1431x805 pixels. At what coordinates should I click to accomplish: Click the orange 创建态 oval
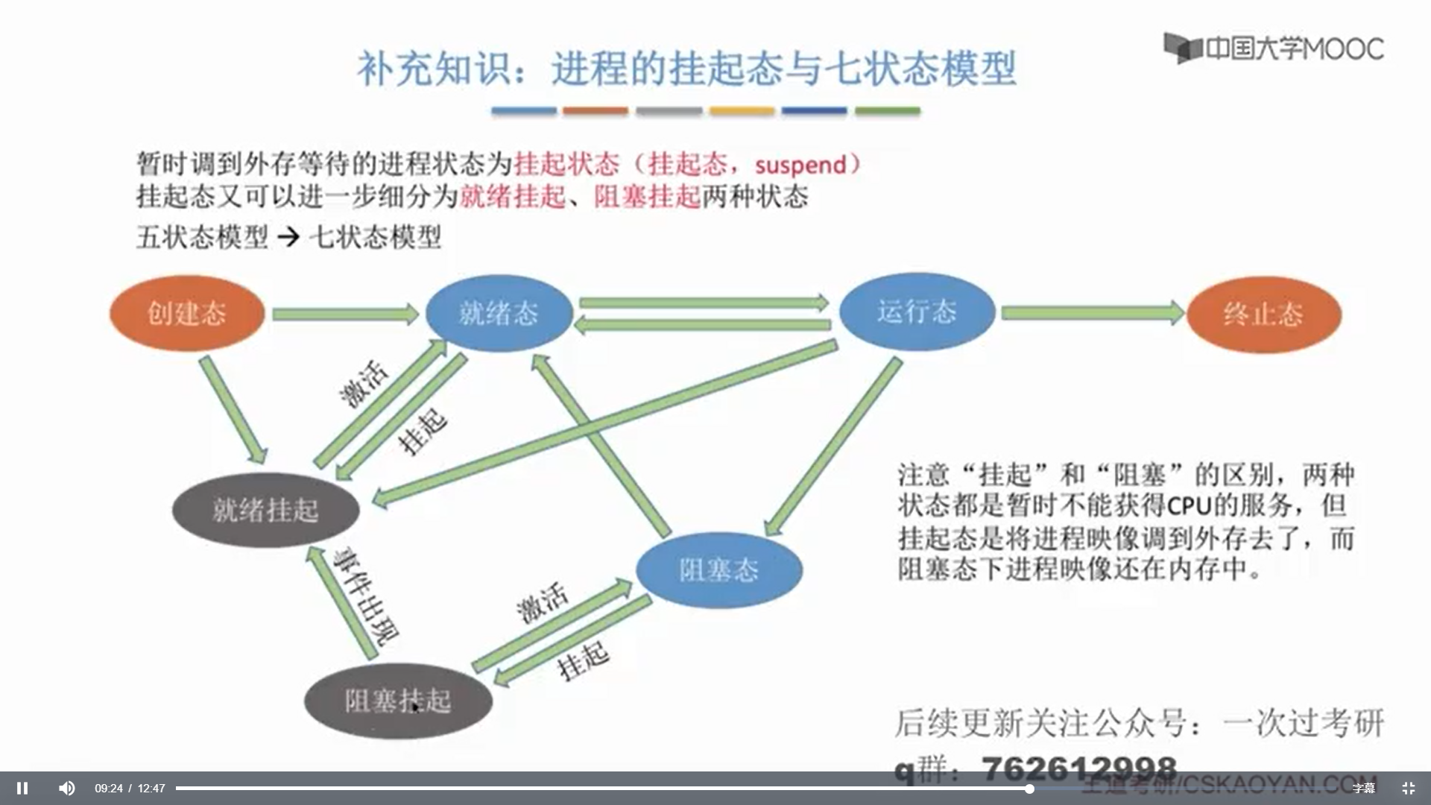187,313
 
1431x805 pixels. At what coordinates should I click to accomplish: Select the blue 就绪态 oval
499,313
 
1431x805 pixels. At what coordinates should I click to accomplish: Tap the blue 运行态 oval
917,312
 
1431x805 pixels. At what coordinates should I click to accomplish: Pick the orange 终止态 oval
1263,314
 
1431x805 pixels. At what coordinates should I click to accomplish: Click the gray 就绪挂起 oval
265,511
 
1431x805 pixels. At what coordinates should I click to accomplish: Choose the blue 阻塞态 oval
718,570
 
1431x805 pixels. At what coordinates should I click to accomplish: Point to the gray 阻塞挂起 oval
398,701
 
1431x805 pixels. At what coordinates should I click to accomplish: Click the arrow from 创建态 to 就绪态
344,315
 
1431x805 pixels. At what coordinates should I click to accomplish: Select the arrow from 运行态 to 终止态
1092,313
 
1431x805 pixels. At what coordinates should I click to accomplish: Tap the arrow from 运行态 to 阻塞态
833,446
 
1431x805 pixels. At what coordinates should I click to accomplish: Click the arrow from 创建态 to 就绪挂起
233,409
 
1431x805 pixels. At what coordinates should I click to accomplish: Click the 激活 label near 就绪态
364,383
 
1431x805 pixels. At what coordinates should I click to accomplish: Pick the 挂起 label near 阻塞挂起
584,660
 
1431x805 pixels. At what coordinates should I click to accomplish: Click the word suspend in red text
800,165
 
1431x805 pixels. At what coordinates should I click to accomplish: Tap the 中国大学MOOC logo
1274,48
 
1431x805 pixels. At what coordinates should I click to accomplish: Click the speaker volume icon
67,788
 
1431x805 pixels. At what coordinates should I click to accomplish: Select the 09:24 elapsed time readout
109,788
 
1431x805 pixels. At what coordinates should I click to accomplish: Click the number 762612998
1078,768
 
